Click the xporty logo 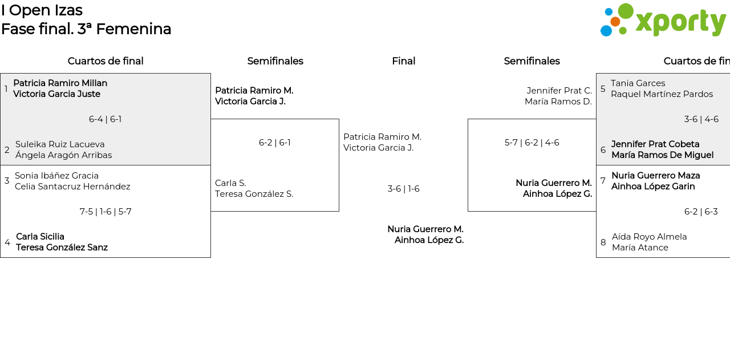[663, 21]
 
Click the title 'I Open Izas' [42, 10]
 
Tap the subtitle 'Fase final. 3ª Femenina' [86, 29]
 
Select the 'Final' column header [403, 61]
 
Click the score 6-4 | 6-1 [105, 119]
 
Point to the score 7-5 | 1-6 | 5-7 [106, 212]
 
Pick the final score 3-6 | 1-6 [403, 189]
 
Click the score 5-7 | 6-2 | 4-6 [532, 143]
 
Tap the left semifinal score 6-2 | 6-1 [274, 143]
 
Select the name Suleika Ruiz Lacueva [60, 144]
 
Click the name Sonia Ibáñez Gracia [56, 176]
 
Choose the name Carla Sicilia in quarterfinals [40, 237]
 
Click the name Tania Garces [638, 83]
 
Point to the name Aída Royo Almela [649, 237]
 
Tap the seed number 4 [7, 242]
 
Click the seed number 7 [603, 181]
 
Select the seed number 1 [6, 89]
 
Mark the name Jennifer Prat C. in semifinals [559, 91]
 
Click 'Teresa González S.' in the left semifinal [254, 194]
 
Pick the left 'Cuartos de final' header [106, 61]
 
